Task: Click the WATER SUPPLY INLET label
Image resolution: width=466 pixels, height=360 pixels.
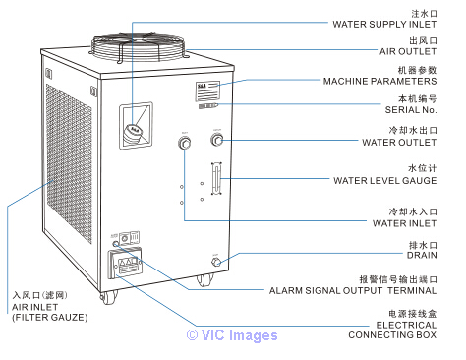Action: [x=384, y=25]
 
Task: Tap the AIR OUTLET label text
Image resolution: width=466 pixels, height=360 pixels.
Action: [x=408, y=51]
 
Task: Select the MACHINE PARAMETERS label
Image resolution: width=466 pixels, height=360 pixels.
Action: [x=379, y=81]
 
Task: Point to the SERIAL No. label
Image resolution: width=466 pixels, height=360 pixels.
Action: [x=411, y=110]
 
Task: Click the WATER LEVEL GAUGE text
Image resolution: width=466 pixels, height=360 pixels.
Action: [x=385, y=181]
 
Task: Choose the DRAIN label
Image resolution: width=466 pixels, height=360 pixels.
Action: [x=422, y=255]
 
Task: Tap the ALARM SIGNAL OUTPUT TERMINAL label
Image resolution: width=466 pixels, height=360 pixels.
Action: [x=353, y=291]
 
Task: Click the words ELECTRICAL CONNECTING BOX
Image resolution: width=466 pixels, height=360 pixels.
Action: [x=392, y=330]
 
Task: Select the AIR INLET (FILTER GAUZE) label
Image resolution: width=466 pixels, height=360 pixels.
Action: [x=50, y=312]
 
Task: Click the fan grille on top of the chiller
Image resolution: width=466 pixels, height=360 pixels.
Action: [x=139, y=47]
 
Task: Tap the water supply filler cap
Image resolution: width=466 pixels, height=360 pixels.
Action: [x=133, y=135]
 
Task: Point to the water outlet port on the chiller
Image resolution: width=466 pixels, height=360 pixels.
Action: [x=217, y=140]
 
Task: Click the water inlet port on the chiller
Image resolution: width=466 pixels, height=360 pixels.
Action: [x=185, y=144]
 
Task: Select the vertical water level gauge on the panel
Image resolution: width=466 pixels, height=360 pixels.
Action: [x=216, y=178]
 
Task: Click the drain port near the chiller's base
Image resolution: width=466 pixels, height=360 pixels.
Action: [x=216, y=262]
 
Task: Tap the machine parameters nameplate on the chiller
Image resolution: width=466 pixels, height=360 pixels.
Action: [x=207, y=91]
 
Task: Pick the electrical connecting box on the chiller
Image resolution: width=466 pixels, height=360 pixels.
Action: [x=126, y=263]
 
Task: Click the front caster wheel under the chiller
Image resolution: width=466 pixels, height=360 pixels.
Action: [x=108, y=297]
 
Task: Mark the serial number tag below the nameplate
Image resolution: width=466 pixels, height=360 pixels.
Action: [x=207, y=106]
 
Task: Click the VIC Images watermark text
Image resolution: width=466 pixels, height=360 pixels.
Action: [x=232, y=335]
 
